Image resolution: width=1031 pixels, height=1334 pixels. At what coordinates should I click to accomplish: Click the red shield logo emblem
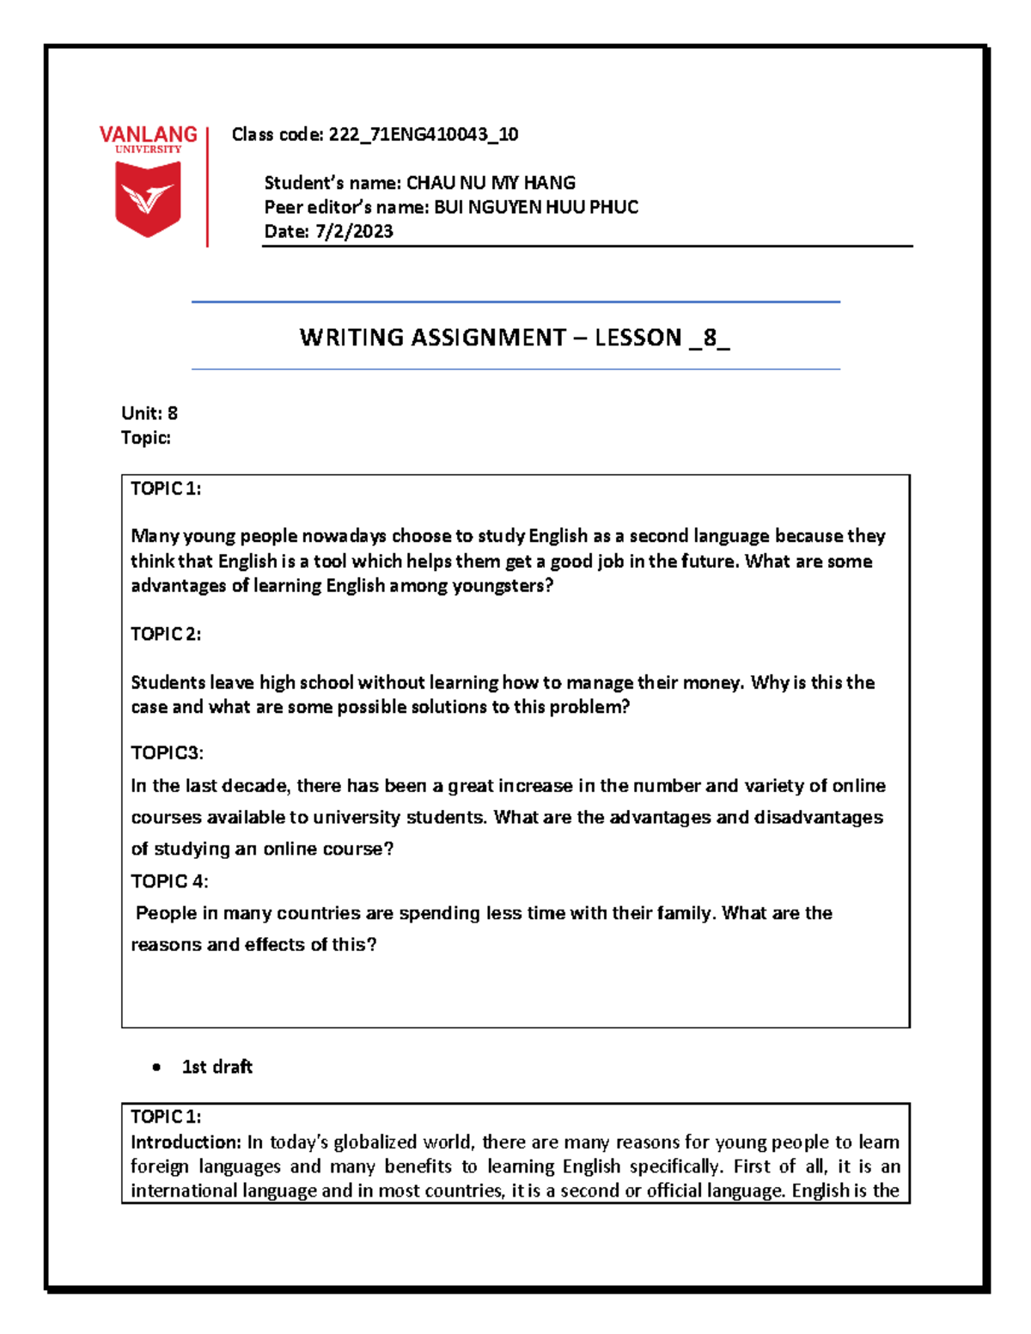tap(148, 198)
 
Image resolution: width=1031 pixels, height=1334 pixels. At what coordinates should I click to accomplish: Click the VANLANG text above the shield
tap(148, 134)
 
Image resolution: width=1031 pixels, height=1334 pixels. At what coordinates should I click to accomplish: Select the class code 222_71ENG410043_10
tap(424, 134)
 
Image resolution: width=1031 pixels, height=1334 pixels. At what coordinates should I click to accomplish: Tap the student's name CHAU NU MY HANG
tap(491, 182)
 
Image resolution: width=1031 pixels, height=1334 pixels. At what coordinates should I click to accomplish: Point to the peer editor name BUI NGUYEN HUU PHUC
tap(536, 207)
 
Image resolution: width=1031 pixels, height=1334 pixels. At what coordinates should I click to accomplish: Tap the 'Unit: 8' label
tap(149, 413)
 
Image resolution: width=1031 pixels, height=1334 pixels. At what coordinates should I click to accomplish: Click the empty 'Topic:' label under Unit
tap(146, 438)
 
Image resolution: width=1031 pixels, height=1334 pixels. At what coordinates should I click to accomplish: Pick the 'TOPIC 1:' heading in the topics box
tap(166, 489)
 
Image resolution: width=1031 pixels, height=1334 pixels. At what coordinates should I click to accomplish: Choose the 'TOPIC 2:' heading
tap(166, 634)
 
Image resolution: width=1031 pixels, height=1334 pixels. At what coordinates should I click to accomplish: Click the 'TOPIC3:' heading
tap(167, 753)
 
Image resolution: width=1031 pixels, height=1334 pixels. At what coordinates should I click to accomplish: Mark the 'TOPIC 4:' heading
tap(169, 881)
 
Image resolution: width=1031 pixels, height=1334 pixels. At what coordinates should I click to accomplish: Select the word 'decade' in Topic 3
tap(256, 786)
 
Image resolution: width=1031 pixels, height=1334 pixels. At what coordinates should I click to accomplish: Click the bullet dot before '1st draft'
tap(156, 1068)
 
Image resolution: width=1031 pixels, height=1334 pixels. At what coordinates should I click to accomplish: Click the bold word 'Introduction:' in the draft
tap(186, 1142)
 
